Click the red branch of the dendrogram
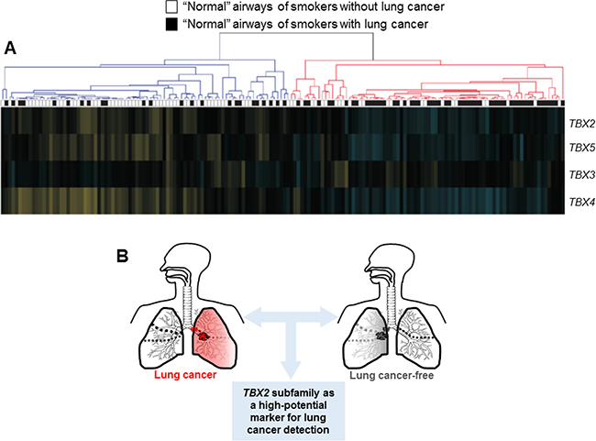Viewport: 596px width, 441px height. [422, 69]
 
